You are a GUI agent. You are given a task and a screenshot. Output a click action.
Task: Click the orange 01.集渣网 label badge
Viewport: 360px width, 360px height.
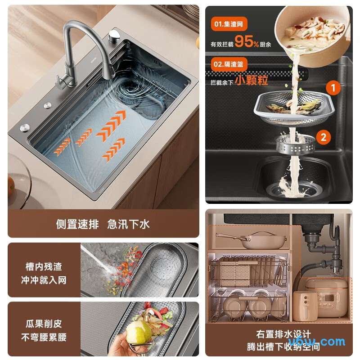point(229,24)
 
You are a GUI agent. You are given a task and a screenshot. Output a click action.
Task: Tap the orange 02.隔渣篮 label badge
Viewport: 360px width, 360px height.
point(229,64)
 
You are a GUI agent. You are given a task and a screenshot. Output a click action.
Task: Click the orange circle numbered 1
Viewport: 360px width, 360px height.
point(333,88)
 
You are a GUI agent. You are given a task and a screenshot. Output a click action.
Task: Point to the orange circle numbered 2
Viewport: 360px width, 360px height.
point(324,137)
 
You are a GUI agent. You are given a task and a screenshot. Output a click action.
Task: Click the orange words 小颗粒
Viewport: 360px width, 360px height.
point(252,80)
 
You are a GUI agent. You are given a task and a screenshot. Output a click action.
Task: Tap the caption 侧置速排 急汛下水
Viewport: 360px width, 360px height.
point(103,224)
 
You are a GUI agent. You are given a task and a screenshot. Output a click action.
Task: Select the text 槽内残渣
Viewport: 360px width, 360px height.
point(44,267)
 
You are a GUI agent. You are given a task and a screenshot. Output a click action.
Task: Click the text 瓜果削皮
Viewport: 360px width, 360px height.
point(44,324)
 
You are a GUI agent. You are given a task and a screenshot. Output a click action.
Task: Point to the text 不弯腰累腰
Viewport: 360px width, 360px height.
point(44,337)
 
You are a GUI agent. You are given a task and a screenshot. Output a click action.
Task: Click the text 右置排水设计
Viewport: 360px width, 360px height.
point(283,334)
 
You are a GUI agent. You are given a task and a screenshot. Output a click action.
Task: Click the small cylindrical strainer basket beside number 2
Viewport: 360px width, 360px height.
point(295,144)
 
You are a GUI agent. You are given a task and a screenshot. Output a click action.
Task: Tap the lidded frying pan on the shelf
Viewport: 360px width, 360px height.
point(252,240)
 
